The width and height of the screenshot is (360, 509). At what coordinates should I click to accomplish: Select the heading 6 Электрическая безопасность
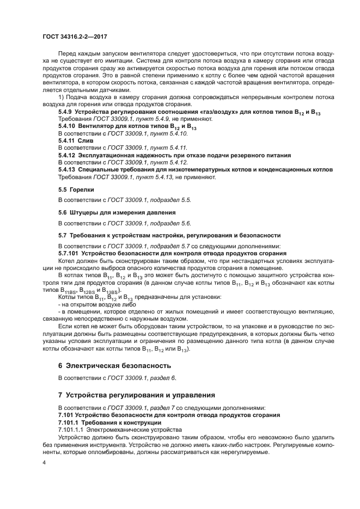[114, 365]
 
